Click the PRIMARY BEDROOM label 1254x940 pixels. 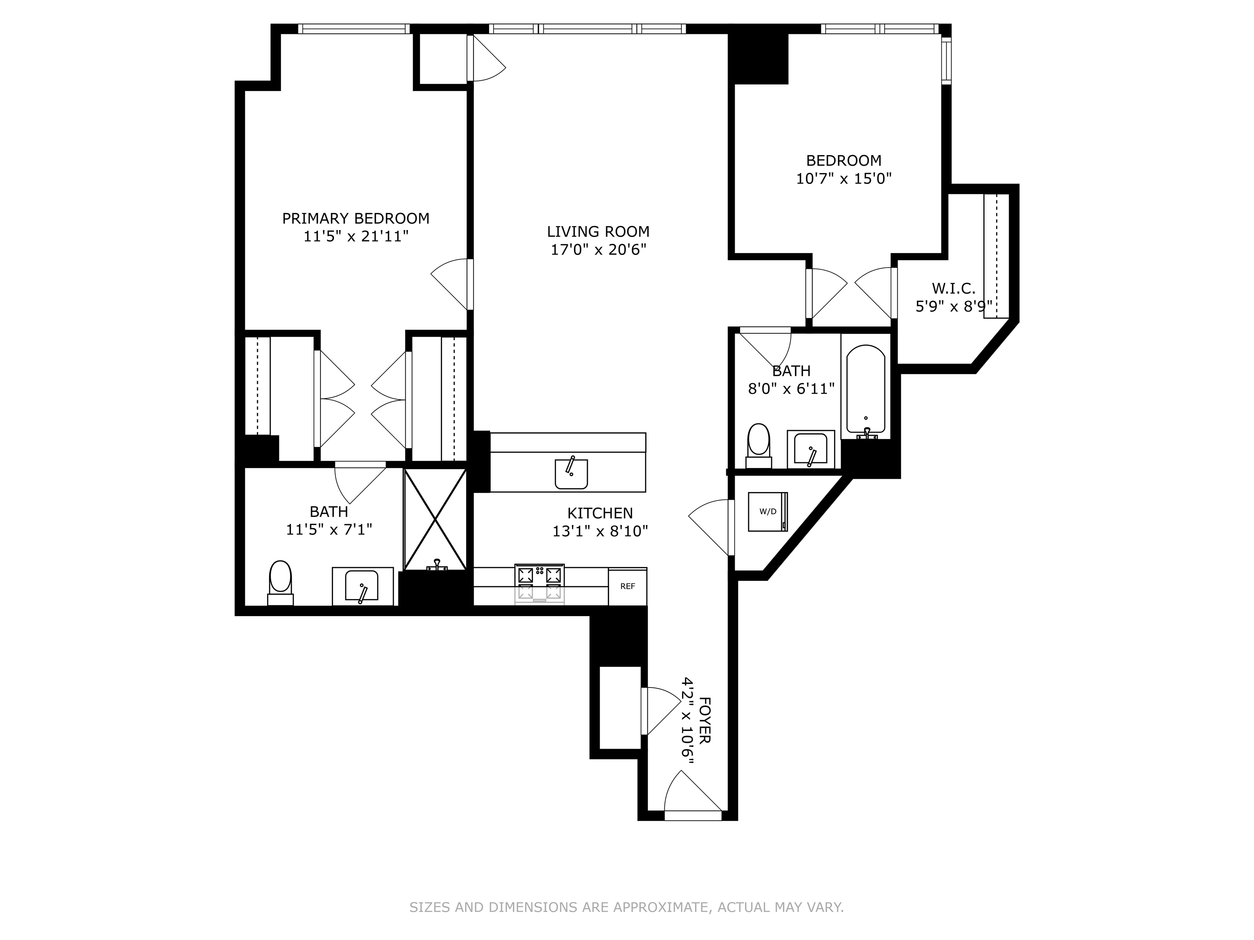[x=356, y=218]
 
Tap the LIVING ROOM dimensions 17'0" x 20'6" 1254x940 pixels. [x=598, y=249]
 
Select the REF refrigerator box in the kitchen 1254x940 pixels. [x=627, y=586]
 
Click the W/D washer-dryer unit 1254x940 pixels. [x=767, y=511]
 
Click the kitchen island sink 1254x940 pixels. [x=571, y=473]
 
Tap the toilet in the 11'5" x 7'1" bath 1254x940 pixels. [x=280, y=581]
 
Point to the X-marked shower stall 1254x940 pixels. [x=435, y=519]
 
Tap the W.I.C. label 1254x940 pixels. [x=954, y=288]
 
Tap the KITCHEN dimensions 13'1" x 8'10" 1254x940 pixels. [x=600, y=531]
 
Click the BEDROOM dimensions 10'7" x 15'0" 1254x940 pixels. [x=844, y=178]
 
